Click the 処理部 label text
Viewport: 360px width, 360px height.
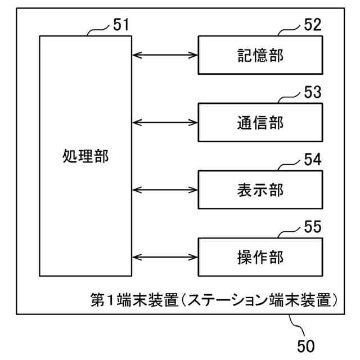85,156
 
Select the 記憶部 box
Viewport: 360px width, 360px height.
260,55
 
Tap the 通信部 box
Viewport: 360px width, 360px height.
260,122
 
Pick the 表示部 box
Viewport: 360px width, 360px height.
260,190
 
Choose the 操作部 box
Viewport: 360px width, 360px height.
260,257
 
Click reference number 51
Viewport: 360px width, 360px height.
121,25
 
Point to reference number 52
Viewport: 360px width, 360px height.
312,25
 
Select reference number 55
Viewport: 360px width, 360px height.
312,227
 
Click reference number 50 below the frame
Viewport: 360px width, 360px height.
306,344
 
